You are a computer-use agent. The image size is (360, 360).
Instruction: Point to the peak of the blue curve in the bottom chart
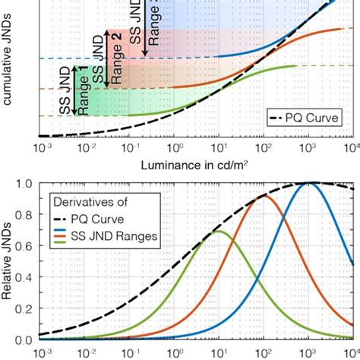[308, 183]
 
